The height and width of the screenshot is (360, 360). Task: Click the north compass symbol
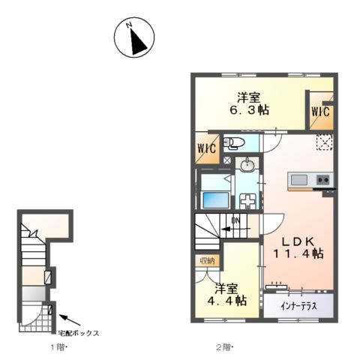tap(135, 38)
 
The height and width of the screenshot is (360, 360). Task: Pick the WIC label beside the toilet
tap(207, 145)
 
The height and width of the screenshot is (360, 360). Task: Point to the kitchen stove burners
tap(323, 180)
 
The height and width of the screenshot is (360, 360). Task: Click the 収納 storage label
tap(207, 260)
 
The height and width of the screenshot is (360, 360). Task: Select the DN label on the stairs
tap(235, 220)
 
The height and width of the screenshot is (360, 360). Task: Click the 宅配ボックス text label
tap(79, 332)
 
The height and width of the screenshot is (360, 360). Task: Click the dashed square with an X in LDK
tap(323, 142)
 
